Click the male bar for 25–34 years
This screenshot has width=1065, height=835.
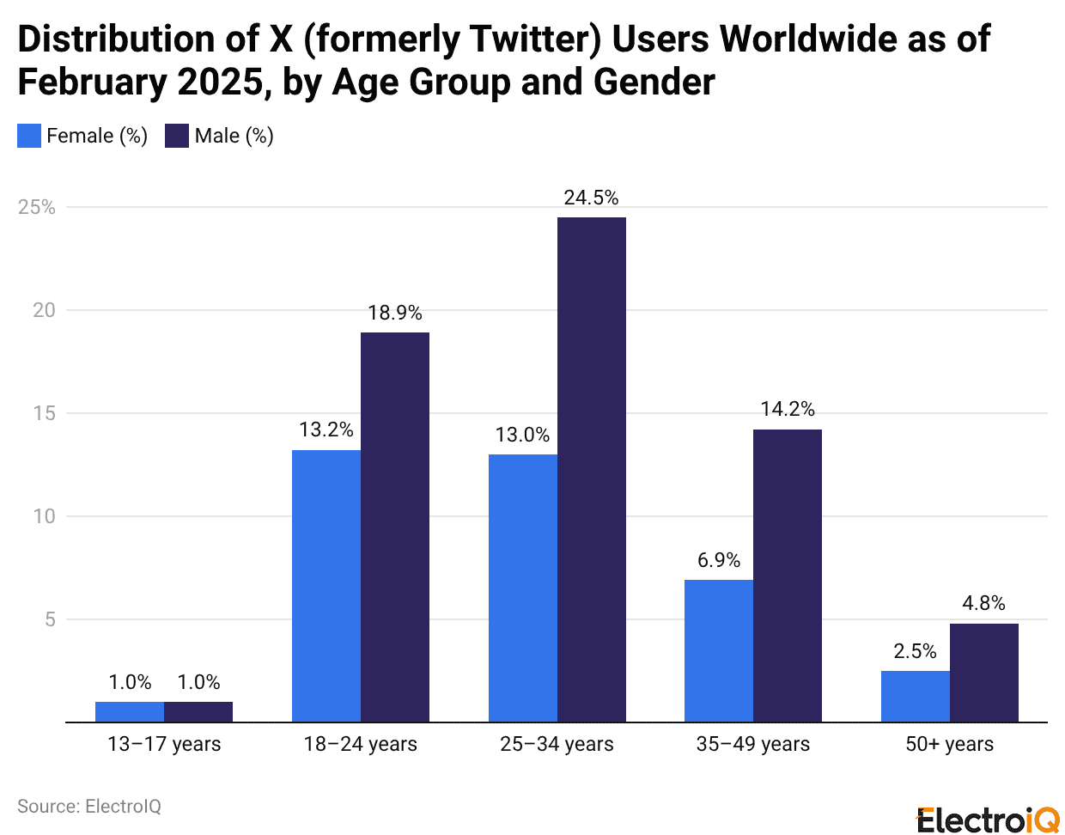pos(591,469)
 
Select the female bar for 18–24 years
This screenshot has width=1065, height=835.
pos(326,586)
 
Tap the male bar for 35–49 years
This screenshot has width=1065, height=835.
pos(788,576)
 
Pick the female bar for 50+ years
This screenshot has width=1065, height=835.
pos(916,696)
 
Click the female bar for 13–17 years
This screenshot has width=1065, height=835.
pos(130,711)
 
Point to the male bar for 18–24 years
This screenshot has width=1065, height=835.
pos(395,527)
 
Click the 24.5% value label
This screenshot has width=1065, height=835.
pos(591,198)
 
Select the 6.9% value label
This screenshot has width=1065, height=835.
pos(719,560)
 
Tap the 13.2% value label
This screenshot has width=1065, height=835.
pos(326,430)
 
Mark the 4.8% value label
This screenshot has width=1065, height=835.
pos(983,603)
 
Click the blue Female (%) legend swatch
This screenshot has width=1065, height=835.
pos(29,136)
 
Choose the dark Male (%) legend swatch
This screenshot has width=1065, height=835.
pos(177,136)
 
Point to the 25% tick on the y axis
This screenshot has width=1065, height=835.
pos(37,207)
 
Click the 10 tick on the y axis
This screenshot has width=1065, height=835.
pos(44,516)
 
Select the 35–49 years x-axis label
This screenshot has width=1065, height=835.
pos(753,744)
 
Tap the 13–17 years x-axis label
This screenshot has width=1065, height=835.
pos(164,744)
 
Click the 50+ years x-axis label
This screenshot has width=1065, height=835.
pos(949,744)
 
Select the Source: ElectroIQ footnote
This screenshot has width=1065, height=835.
pos(89,806)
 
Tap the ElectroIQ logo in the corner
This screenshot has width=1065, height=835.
pos(988,820)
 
